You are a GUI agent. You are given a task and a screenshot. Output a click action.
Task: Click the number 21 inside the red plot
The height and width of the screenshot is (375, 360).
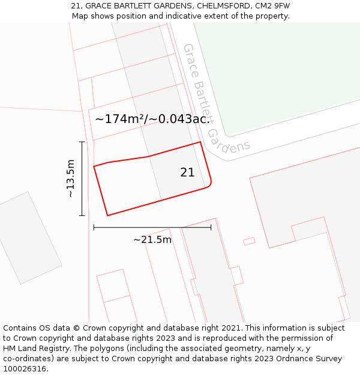pyautogui.click(x=187, y=173)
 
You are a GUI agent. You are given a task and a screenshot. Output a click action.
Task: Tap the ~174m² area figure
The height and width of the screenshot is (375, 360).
pyautogui.click(x=120, y=119)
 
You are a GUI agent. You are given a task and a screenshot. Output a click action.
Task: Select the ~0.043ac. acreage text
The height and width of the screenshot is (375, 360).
pyautogui.click(x=179, y=119)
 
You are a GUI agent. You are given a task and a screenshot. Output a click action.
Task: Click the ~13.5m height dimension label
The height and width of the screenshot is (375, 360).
pyautogui.click(x=71, y=178)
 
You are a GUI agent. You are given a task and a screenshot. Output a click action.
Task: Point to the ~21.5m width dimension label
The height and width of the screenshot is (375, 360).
pyautogui.click(x=152, y=240)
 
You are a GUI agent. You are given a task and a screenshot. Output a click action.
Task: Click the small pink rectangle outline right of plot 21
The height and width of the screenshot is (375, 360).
pyautogui.click(x=249, y=241)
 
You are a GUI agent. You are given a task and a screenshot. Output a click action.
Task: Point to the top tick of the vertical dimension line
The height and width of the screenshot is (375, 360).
pyautogui.click(x=82, y=142)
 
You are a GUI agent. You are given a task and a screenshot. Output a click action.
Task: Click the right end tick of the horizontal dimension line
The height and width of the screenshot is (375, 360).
pyautogui.click(x=211, y=227)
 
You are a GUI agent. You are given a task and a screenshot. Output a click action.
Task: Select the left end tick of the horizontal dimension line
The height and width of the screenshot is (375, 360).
pyautogui.click(x=94, y=227)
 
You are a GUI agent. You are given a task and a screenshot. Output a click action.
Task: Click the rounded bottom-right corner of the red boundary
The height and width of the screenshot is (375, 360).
pyautogui.click(x=209, y=186)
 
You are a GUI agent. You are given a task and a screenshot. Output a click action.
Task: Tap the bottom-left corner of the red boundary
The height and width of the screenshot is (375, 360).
pyautogui.click(x=107, y=215)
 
